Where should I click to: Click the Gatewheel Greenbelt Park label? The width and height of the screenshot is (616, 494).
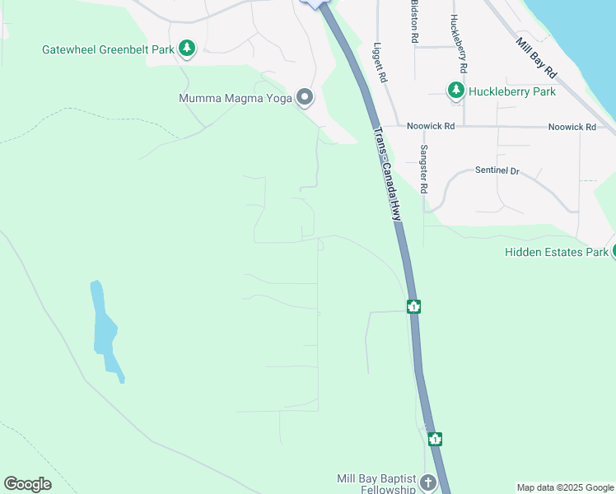108,49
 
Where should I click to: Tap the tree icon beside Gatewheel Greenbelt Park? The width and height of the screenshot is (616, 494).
188,49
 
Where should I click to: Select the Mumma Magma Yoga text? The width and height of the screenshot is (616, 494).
236,99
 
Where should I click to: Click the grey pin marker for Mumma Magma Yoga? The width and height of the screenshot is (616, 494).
306,98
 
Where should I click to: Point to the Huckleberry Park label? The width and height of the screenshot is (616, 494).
511,91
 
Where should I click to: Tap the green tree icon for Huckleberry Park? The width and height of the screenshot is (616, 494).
455,91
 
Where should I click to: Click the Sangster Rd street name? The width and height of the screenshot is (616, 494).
424,169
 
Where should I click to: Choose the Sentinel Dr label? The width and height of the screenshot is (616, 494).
497,171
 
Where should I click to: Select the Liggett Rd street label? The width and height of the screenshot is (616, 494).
380,62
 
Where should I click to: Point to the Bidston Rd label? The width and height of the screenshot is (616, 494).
414,22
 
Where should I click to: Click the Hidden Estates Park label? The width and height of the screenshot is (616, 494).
556,252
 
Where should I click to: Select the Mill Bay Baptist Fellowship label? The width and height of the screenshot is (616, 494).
376,484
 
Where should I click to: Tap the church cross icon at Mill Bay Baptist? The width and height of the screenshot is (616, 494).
427,482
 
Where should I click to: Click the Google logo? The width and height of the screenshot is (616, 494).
27,484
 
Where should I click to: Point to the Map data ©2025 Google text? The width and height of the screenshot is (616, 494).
566,487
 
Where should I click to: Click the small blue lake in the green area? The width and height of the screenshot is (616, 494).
104,329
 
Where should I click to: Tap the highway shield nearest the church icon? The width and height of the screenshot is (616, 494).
435,440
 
